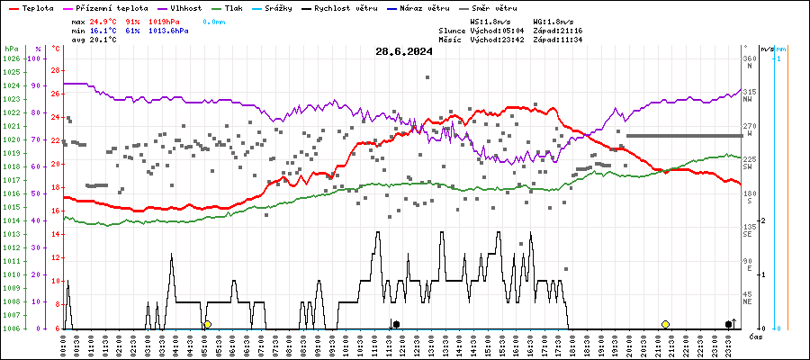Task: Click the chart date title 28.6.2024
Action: tap(404, 51)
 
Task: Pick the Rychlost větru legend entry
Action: tap(343, 8)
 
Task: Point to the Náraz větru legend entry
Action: tap(419, 8)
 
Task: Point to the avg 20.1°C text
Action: tap(94, 40)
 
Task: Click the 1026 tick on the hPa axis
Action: tap(11, 58)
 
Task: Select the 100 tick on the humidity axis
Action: tap(35, 58)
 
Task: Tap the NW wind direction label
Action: tap(748, 99)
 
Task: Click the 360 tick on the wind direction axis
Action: tap(749, 58)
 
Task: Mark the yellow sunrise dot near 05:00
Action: tap(207, 324)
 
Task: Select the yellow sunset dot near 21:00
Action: tap(665, 324)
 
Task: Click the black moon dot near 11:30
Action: tap(396, 324)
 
